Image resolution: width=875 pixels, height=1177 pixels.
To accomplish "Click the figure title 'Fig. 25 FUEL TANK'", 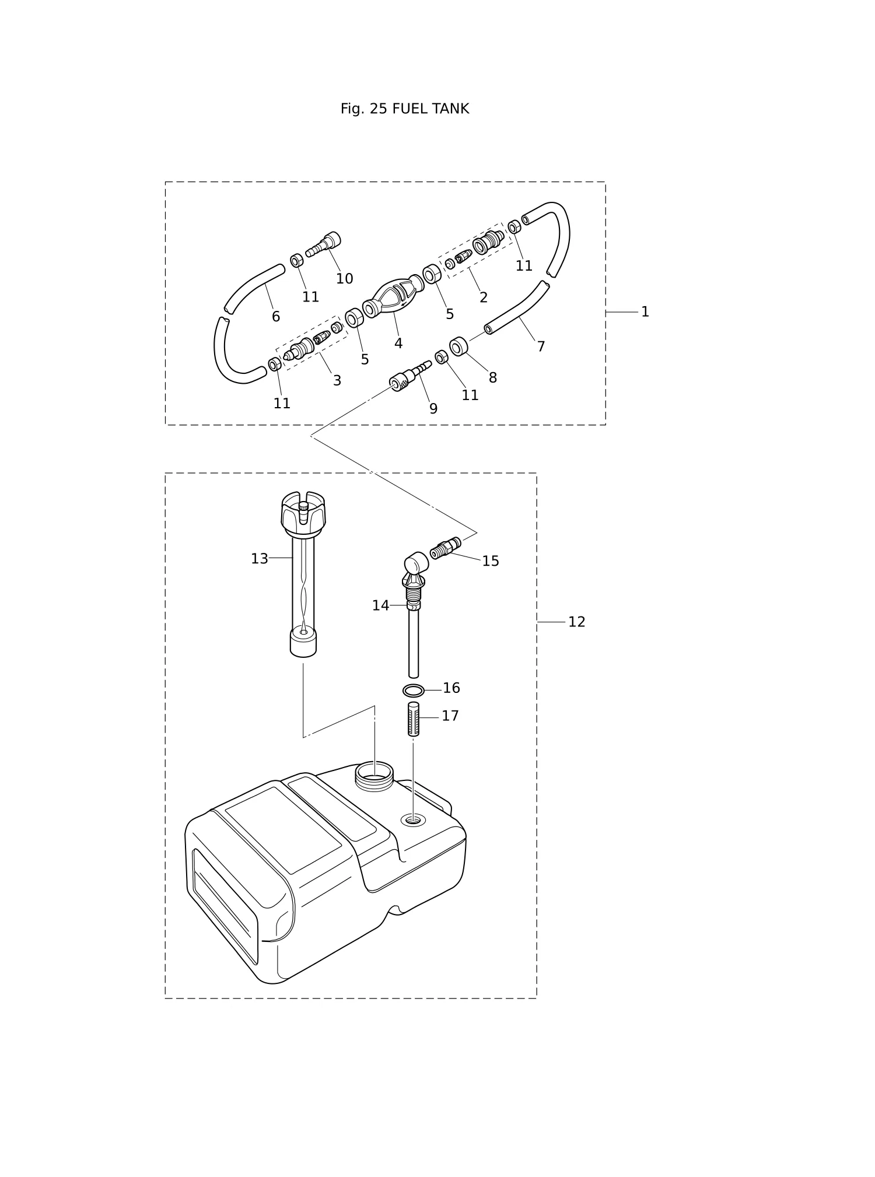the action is click(x=404, y=109).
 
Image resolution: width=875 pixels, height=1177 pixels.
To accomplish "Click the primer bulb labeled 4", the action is click(x=393, y=296).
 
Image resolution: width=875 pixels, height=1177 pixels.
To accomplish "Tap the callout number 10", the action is click(x=344, y=279).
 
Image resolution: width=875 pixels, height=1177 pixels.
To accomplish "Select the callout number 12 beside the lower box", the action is click(x=576, y=622).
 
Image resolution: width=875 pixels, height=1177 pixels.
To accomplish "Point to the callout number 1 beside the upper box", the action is click(x=645, y=312).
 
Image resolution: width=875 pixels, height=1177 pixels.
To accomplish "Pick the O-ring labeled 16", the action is click(x=413, y=691).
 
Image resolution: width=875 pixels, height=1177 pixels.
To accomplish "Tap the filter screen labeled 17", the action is click(x=413, y=719).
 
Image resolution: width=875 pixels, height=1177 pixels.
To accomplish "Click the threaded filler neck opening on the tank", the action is click(x=374, y=776).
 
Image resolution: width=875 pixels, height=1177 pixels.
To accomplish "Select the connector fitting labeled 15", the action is click(x=445, y=548).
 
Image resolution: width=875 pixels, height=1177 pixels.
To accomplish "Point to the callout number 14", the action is click(x=380, y=606).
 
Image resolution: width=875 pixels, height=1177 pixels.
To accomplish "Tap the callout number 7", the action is click(x=541, y=347).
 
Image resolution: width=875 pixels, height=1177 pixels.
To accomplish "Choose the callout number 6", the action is click(x=276, y=317).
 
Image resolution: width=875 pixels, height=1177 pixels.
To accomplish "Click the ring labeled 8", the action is click(x=459, y=346).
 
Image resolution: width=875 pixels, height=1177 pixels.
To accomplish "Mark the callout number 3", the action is click(x=337, y=381).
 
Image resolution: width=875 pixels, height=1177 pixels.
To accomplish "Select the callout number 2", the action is click(x=483, y=297).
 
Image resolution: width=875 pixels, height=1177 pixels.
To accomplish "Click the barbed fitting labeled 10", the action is click(x=323, y=245).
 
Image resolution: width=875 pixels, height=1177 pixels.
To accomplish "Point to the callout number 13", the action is click(x=260, y=559).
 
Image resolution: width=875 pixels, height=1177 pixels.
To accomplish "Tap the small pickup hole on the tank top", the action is click(x=413, y=821).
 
